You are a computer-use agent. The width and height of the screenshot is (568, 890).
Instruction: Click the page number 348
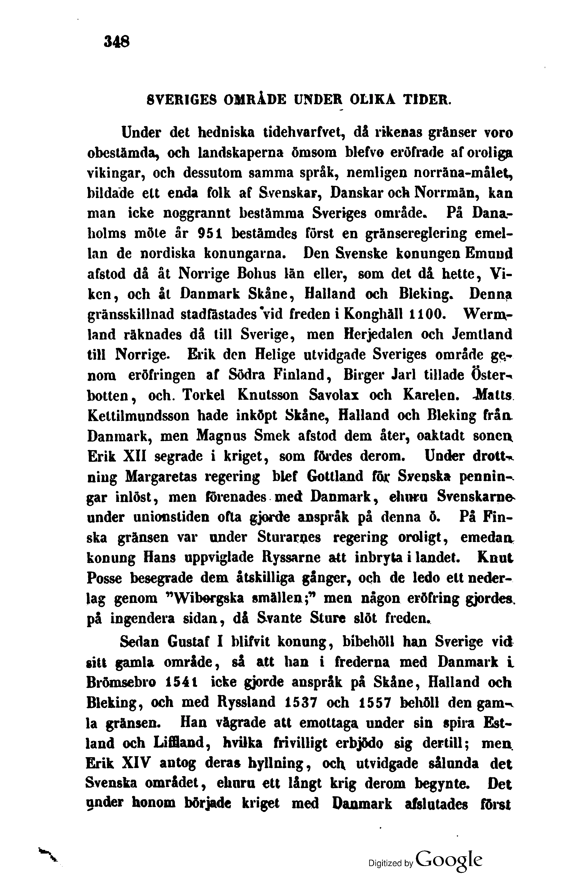(117, 41)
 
